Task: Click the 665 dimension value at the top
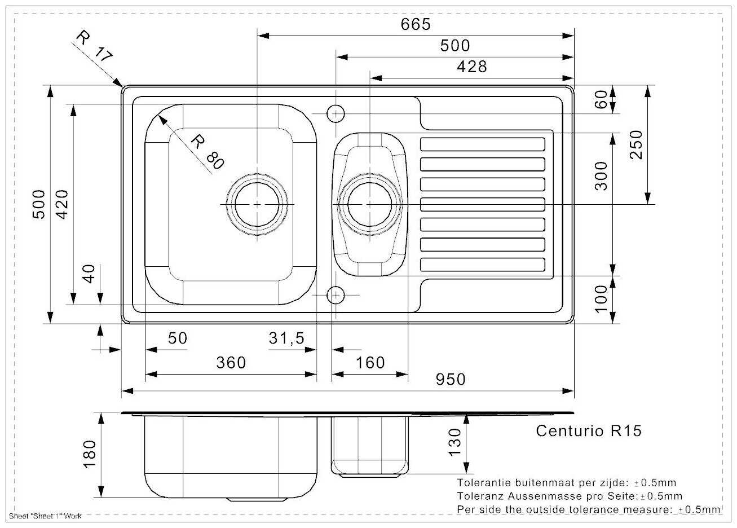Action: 416,24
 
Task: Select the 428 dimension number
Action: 472,67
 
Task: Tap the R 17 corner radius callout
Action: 94,46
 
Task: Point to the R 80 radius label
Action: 208,151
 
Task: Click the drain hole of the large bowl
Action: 257,204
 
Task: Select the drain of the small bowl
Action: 369,204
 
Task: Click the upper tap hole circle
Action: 336,113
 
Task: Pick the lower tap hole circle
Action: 336,294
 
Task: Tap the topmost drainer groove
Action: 483,144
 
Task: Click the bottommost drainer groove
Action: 483,265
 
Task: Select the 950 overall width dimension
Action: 451,379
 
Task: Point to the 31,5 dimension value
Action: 286,338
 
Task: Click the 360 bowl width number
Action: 231,363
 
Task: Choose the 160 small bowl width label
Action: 370,363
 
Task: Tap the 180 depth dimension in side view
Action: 90,454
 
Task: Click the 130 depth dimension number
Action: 454,442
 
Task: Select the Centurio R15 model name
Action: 589,431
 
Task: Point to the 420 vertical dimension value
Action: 62,204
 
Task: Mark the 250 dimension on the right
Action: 636,145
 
